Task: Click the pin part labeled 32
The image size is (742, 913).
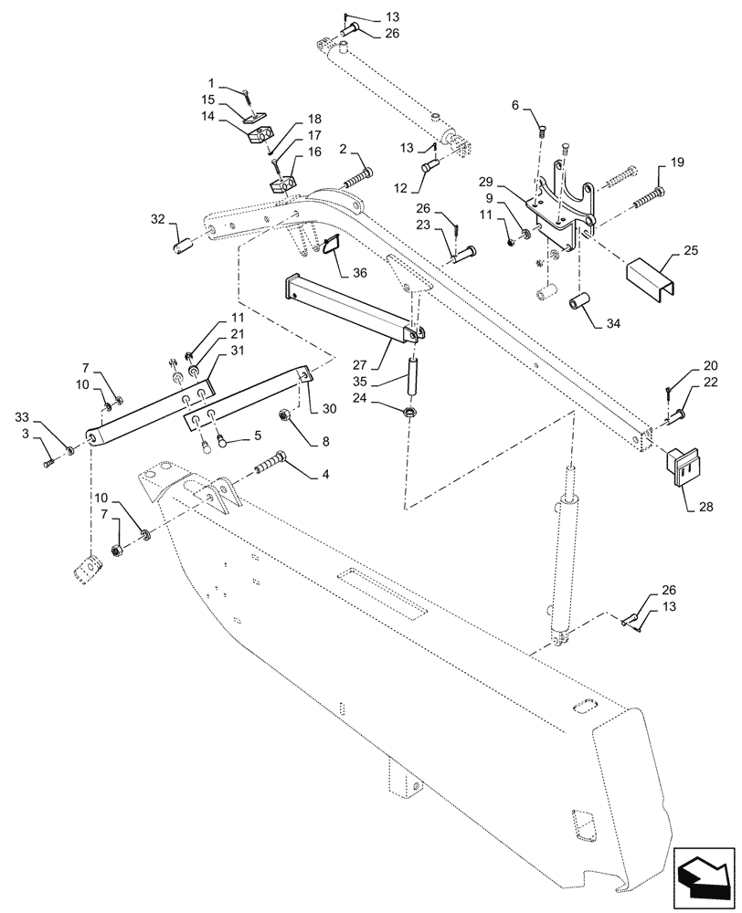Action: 182,246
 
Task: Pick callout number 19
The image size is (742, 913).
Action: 677,162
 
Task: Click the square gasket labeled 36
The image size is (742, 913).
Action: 331,247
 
